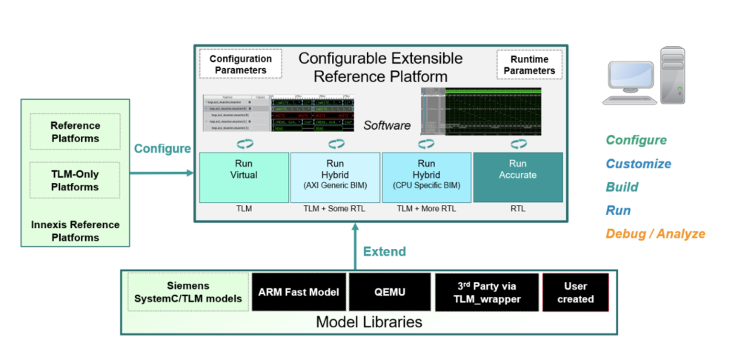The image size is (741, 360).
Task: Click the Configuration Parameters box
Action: coord(241,64)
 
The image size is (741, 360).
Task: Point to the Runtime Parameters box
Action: coord(528,64)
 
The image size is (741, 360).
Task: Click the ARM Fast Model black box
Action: coord(299,292)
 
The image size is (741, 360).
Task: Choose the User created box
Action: coord(575,292)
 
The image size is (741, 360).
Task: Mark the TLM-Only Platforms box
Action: coord(75,180)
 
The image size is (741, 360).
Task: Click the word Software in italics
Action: coord(387,126)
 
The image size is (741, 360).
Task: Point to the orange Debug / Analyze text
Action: coord(655,234)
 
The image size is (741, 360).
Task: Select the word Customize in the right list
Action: coord(638,164)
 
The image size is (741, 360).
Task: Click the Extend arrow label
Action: coord(385,252)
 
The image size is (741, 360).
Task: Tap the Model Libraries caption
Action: coord(368,322)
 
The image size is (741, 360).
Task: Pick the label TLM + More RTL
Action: coord(426,210)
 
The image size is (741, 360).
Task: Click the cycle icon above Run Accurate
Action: coord(516,143)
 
